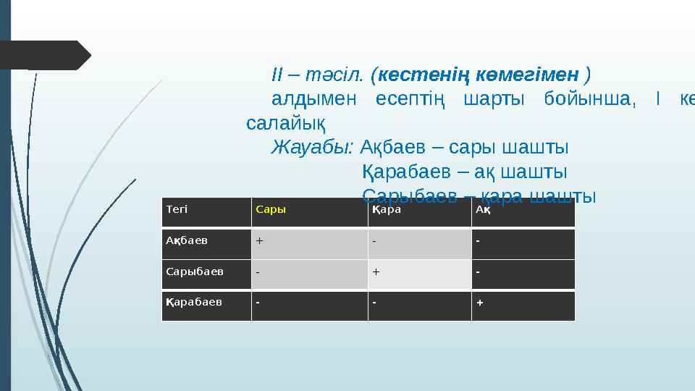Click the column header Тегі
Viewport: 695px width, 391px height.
(x=177, y=209)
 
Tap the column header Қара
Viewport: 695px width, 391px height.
(x=387, y=209)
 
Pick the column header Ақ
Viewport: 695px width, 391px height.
(x=483, y=209)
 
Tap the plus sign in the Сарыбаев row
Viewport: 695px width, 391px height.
(x=376, y=271)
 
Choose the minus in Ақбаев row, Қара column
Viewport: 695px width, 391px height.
(x=374, y=240)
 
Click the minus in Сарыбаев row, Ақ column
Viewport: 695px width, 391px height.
(x=478, y=271)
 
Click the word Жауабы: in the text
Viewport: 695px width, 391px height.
(x=312, y=148)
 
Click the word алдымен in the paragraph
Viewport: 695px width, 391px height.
(x=314, y=99)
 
